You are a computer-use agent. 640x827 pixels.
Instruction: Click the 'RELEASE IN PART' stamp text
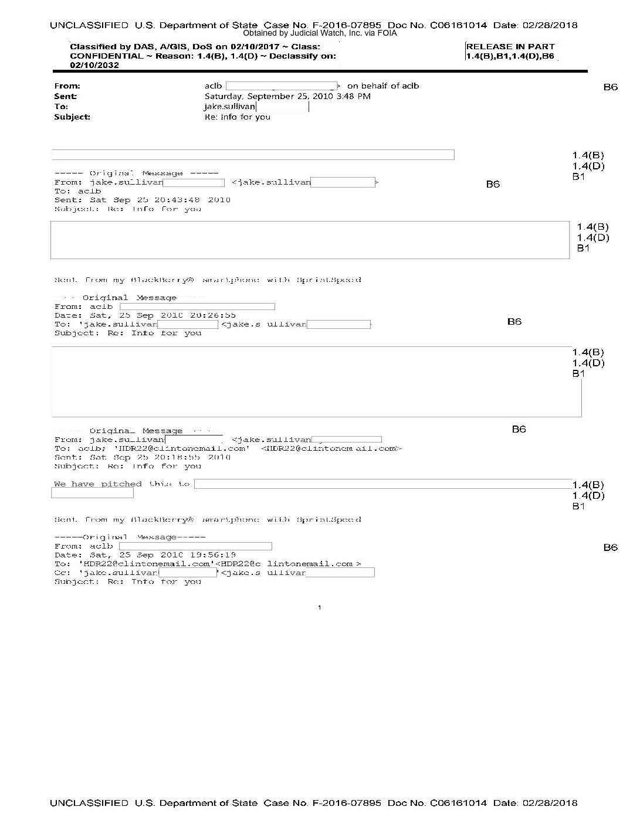point(510,47)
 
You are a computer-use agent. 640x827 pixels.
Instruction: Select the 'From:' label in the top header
point(67,86)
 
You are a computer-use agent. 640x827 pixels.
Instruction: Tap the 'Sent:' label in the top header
point(65,96)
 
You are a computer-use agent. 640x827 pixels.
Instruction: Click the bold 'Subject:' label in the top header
point(72,117)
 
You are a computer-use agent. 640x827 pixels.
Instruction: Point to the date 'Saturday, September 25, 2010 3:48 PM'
point(287,96)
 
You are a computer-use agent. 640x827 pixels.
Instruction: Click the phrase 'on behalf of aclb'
point(383,86)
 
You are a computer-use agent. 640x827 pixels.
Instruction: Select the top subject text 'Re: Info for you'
point(237,117)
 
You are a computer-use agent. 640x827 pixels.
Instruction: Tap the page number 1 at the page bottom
point(319,608)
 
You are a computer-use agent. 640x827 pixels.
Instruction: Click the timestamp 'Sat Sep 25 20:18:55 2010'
point(160,457)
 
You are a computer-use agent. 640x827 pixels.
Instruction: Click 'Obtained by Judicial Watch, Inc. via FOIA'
point(320,33)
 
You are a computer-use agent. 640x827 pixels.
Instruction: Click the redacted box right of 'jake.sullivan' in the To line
point(282,107)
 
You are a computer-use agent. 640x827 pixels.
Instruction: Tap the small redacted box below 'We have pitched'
point(92,494)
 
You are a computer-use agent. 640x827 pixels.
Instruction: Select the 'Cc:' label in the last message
point(62,573)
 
